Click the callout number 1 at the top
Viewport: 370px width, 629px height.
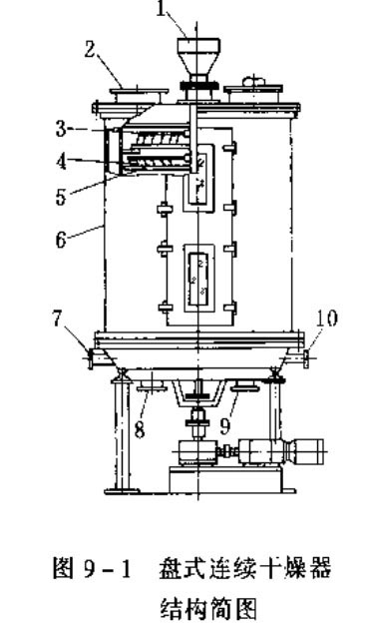point(161,10)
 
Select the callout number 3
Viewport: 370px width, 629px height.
point(61,129)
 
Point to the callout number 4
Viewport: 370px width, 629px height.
point(61,162)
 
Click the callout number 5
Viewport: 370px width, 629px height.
point(61,198)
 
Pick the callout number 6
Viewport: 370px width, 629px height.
point(61,241)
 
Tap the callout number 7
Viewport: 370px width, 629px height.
point(58,319)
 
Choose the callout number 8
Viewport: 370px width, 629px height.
point(140,430)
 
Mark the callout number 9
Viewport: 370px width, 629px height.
point(225,426)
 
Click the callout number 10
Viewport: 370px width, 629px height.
point(326,318)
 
